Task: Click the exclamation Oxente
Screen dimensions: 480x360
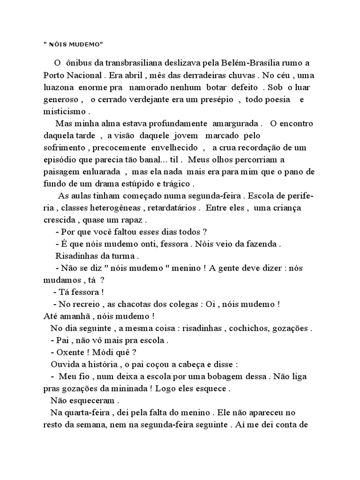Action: (x=71, y=352)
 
